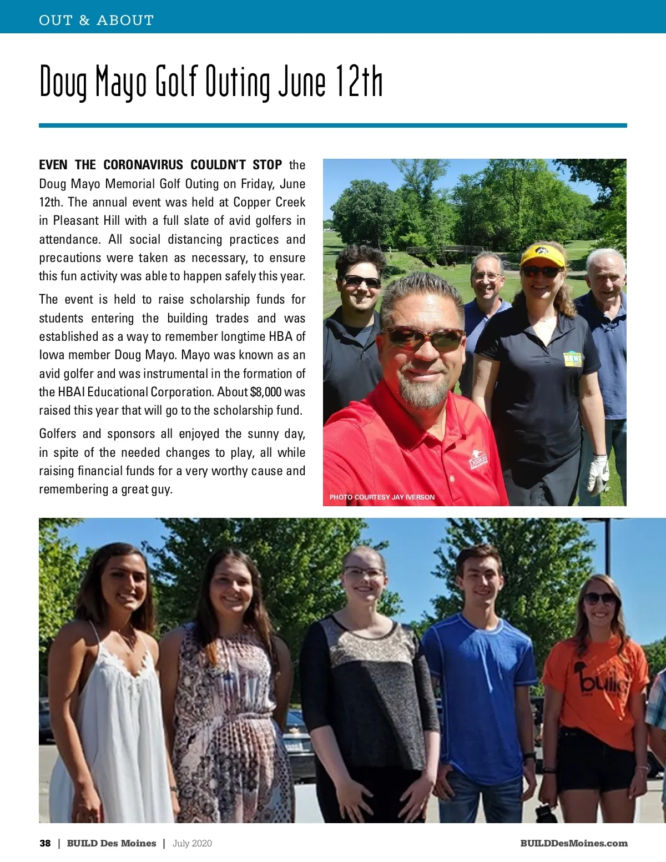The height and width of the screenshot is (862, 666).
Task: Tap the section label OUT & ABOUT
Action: tap(96, 21)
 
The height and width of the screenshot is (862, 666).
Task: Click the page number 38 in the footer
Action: tap(45, 843)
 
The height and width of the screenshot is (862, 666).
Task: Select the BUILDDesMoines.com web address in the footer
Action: tap(574, 843)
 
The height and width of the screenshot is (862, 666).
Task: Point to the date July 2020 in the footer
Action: tap(192, 843)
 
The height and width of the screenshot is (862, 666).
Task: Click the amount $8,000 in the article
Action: tap(266, 392)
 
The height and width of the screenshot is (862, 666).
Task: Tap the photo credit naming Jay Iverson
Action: tap(382, 497)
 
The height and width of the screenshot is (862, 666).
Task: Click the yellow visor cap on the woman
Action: tap(542, 255)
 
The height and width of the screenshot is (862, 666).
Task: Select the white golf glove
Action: tap(598, 475)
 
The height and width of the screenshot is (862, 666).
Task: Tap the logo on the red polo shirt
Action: tap(478, 460)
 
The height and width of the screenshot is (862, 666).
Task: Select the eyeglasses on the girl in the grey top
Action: tap(364, 572)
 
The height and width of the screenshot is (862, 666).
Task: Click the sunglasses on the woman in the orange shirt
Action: tap(599, 598)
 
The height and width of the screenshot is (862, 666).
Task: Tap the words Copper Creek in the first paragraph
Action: tap(269, 202)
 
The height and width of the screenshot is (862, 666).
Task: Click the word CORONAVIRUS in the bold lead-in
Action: tap(143, 165)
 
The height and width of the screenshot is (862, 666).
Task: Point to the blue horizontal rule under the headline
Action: tap(333, 125)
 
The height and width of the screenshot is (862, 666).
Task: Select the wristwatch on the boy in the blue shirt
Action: tap(529, 756)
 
